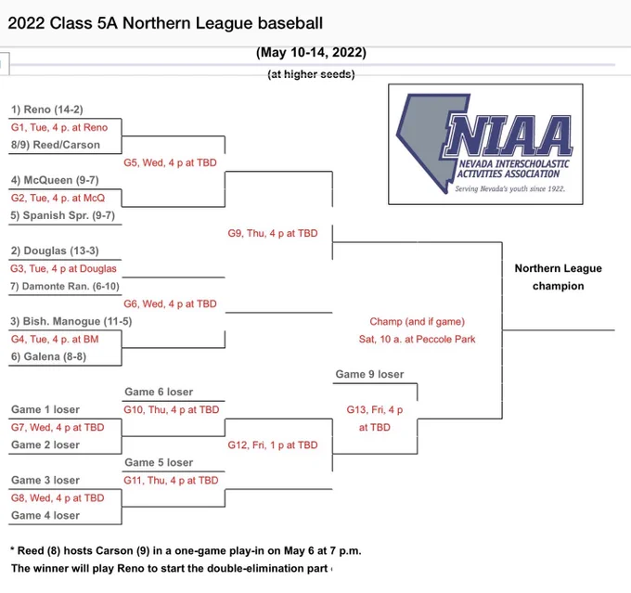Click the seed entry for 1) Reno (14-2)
(x=47, y=110)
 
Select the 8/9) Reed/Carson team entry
(x=56, y=145)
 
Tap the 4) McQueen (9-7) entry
(x=55, y=180)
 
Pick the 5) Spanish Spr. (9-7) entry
(x=63, y=215)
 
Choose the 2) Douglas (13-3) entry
(x=55, y=251)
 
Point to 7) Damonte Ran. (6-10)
(x=65, y=286)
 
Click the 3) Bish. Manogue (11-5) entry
(x=71, y=321)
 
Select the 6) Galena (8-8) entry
(x=48, y=356)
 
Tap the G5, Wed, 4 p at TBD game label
(x=170, y=162)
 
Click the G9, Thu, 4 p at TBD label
(x=273, y=233)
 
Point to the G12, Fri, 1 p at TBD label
(x=273, y=445)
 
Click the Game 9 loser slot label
(x=370, y=374)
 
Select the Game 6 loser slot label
(x=159, y=392)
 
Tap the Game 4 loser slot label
(x=45, y=515)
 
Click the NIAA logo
(x=485, y=144)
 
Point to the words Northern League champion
(x=559, y=277)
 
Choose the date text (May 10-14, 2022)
(x=311, y=53)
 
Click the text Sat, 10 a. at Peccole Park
(x=418, y=339)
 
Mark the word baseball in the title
(x=290, y=23)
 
